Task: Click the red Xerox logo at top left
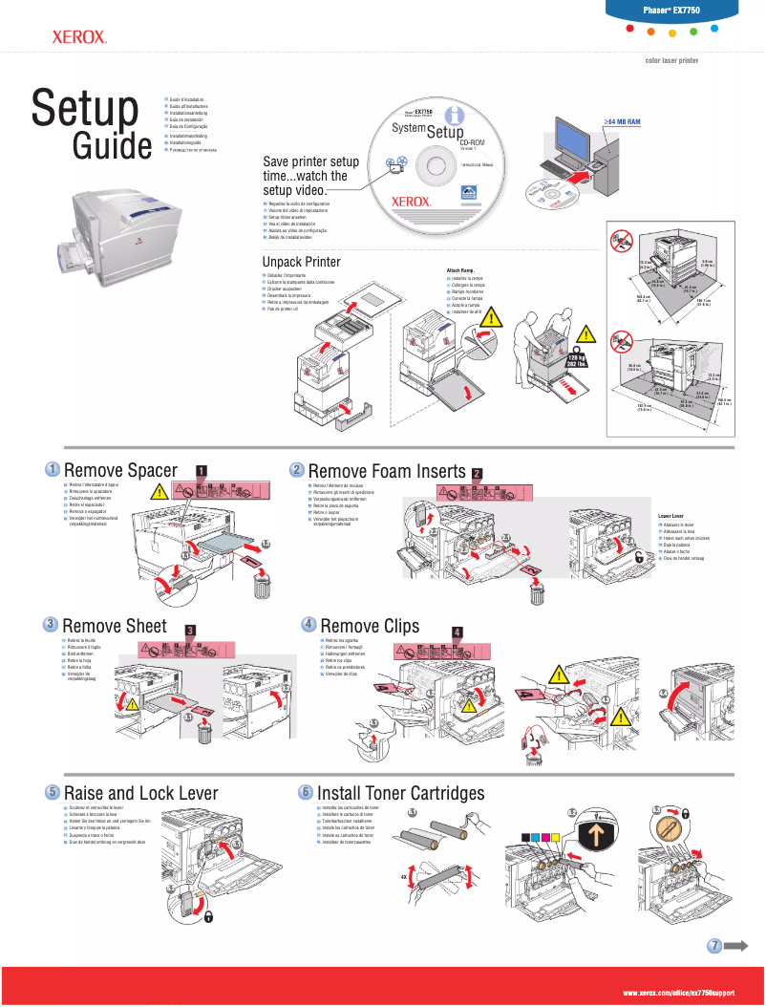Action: [78, 38]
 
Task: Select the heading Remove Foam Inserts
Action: [387, 471]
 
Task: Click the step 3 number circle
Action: [51, 624]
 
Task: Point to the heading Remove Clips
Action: [370, 626]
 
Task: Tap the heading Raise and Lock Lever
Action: [140, 793]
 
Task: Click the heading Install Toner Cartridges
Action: [400, 793]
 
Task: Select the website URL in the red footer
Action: [679, 994]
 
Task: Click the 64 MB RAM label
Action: [622, 122]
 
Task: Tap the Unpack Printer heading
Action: [301, 262]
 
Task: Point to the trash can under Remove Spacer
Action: [261, 585]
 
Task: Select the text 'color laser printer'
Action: [672, 60]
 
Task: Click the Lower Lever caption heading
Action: [671, 516]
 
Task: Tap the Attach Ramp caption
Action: [461, 270]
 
